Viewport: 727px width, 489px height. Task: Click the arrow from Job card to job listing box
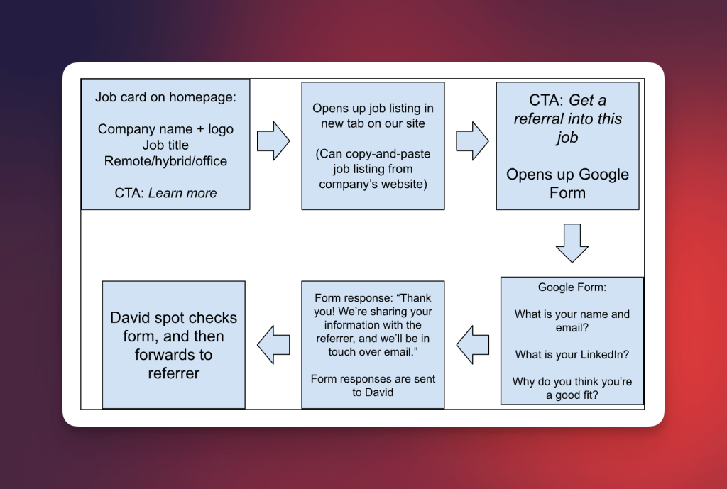pos(273,141)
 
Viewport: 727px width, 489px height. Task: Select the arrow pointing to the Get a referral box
pos(471,141)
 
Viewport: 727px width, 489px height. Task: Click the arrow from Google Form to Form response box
pos(473,344)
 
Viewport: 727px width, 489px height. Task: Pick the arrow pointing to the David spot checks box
pos(273,344)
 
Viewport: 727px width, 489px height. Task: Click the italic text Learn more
pos(182,193)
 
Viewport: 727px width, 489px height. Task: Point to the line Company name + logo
pos(165,129)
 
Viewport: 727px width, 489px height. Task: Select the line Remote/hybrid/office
pos(165,161)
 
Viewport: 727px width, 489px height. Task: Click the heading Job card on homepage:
pos(165,97)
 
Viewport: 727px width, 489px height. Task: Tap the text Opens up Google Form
pos(567,183)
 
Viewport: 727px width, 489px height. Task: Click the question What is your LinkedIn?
pos(572,354)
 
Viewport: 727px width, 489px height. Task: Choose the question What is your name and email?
pos(572,321)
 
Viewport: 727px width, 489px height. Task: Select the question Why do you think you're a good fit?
pos(572,388)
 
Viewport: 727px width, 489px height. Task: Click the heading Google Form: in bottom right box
pos(572,287)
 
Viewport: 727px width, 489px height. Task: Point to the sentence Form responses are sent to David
pos(373,385)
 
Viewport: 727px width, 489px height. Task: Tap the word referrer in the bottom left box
pos(174,373)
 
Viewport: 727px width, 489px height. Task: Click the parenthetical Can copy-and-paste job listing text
pos(373,169)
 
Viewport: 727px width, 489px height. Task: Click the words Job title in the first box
pos(165,145)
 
